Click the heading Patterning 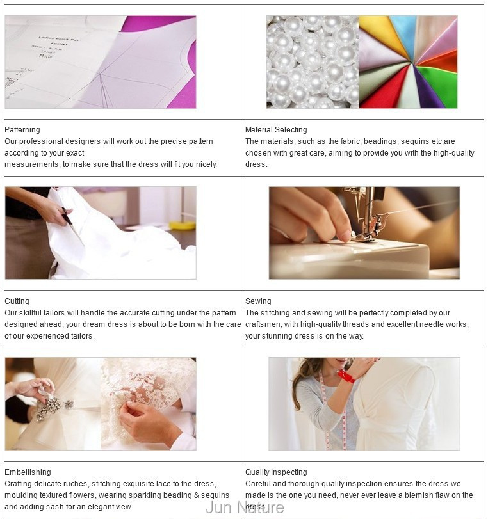click(22, 130)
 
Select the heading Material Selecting click(276, 130)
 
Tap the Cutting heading click(17, 301)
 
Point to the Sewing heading click(258, 301)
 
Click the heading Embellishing click(28, 472)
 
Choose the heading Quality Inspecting click(276, 472)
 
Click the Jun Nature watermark click(245, 507)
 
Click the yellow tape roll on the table click(183, 225)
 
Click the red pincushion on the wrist click(346, 376)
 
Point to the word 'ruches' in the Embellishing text click(76, 484)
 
